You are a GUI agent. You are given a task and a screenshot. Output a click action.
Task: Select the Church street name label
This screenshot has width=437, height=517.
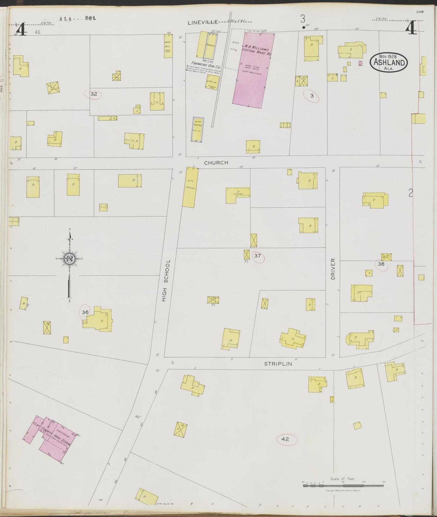(x=216, y=163)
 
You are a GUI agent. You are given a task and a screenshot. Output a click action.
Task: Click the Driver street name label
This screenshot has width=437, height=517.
(x=333, y=268)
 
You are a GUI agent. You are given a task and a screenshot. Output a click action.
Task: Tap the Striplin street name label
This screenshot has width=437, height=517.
(x=278, y=364)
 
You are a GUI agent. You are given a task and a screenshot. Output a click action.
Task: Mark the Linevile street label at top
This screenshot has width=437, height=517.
(x=203, y=22)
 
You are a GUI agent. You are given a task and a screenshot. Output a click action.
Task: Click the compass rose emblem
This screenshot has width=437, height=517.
(x=69, y=259)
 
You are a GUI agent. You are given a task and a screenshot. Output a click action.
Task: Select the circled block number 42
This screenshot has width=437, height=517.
(x=285, y=439)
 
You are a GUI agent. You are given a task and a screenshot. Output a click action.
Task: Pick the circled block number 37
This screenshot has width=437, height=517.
(x=257, y=256)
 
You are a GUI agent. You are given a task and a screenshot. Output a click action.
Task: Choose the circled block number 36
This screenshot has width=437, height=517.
(x=85, y=312)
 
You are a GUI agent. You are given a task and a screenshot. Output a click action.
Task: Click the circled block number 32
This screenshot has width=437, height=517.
(x=94, y=94)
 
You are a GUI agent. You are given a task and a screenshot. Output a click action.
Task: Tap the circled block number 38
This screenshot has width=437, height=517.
(x=381, y=264)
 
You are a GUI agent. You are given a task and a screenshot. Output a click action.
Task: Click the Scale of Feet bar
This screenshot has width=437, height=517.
(x=343, y=485)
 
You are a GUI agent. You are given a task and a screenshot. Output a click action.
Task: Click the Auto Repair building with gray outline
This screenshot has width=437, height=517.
(x=197, y=129)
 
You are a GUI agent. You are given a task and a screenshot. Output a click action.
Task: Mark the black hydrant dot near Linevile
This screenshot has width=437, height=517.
(x=303, y=28)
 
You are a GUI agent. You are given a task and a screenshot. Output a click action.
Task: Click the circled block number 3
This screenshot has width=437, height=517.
(x=312, y=96)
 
